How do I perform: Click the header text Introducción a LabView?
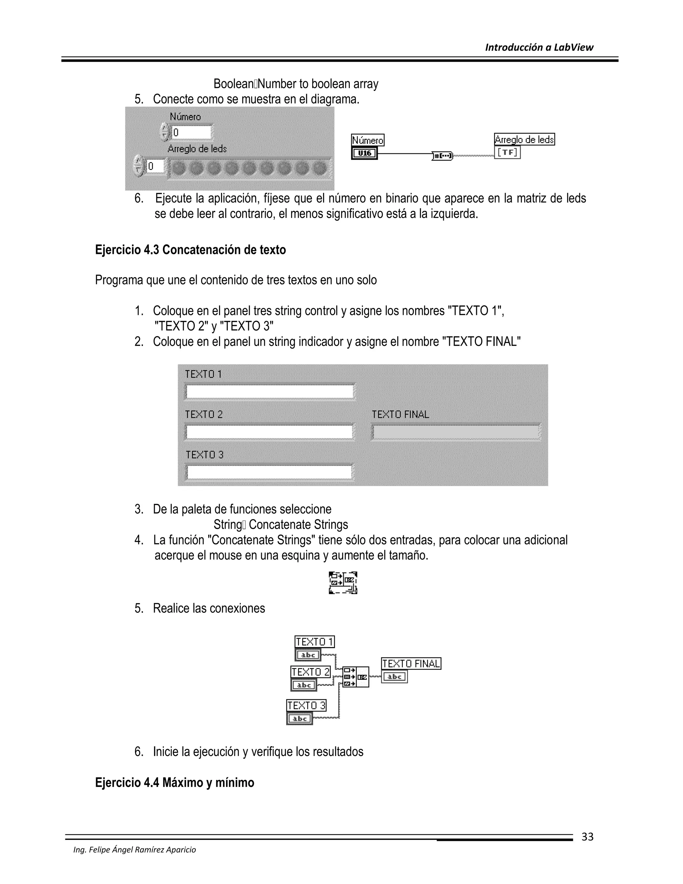539,47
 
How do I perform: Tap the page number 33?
587,837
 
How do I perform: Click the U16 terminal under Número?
364,153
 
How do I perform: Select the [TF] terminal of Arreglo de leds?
507,152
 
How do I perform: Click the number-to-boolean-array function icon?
443,155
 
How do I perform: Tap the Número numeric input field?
191,132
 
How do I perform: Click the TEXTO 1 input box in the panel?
270,392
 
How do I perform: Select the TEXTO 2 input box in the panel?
270,432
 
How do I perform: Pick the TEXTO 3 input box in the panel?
270,472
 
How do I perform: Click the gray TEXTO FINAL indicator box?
456,432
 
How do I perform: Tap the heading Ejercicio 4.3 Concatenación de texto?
190,250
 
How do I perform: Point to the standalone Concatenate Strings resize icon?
343,583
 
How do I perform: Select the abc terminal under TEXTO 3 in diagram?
299,719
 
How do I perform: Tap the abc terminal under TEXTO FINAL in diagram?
395,677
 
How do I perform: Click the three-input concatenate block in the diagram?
355,677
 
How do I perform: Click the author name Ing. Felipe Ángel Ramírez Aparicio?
134,850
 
